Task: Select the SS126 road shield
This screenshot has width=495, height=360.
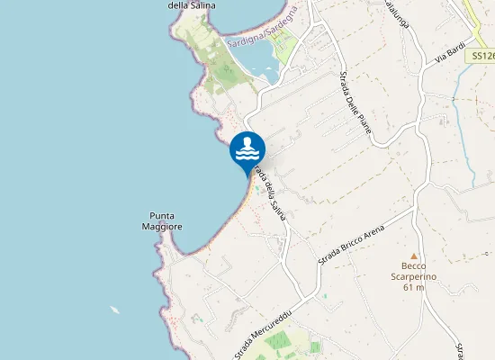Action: coord(481,56)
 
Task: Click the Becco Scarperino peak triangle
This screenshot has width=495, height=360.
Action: coord(414,256)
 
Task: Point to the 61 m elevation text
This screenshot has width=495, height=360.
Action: coord(414,288)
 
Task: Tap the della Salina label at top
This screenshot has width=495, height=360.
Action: coord(189,4)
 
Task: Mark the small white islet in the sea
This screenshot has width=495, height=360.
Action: coord(115,310)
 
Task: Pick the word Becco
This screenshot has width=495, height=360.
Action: coord(414,266)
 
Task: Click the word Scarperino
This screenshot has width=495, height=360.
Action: coord(414,277)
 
